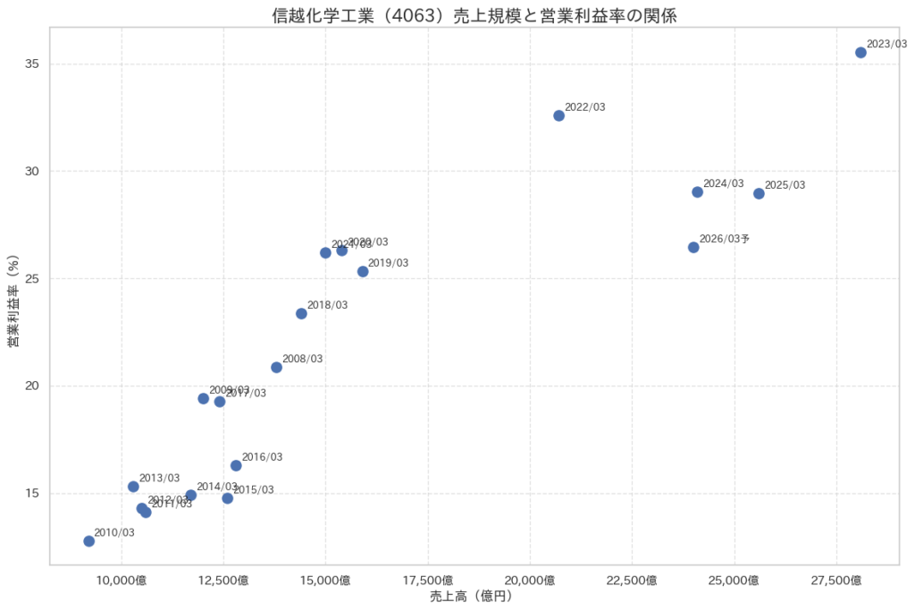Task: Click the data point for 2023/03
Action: coord(860,53)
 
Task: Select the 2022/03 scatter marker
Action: coord(558,115)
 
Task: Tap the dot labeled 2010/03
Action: coord(88,541)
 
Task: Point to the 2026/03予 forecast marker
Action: coord(693,247)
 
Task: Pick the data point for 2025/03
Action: coord(759,193)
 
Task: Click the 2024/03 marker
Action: coord(697,192)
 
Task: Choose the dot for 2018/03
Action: coord(301,313)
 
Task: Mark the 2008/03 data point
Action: coord(276,367)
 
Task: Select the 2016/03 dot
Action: coord(236,465)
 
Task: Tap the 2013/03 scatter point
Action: coord(133,487)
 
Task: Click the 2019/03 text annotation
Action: coord(388,263)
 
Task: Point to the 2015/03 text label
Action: coord(254,490)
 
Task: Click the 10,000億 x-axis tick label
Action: coord(121,580)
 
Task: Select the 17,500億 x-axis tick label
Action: coord(428,580)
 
